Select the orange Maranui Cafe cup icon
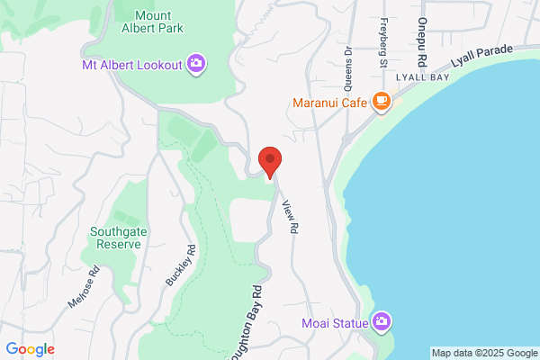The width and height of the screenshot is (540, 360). pos(382,101)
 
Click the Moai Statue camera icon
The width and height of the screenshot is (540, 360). pos(382,320)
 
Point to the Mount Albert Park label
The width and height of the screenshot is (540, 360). pos(152,22)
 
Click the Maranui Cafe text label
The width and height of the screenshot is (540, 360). pos(330,102)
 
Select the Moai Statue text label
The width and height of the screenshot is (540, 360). pos(336,321)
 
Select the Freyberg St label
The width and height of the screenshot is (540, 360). pos(383,42)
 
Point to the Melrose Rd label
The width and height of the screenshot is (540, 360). pos(86,292)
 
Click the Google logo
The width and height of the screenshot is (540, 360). pos(31,349)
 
